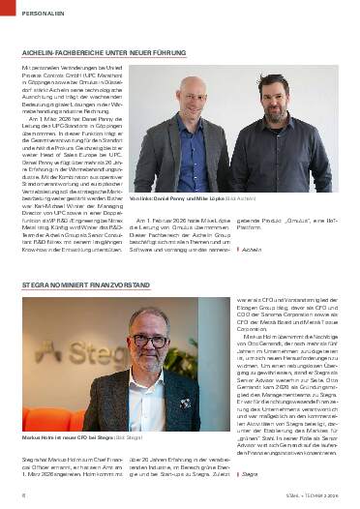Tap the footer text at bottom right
[x=311, y=495]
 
